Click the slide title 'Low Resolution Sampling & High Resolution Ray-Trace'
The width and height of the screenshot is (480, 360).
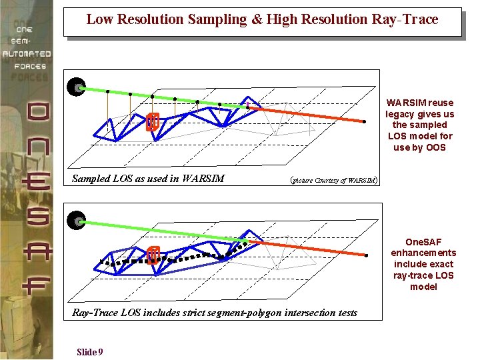[262, 20]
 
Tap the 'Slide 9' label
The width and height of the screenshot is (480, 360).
[89, 352]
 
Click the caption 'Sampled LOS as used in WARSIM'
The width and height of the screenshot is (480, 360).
[148, 179]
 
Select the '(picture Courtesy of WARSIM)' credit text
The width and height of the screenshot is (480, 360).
[333, 179]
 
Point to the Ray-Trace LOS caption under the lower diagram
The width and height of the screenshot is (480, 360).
[214, 313]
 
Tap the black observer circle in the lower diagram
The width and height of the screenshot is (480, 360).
[77, 221]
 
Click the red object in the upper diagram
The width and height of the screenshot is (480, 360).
[153, 121]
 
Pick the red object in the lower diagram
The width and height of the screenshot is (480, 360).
[153, 255]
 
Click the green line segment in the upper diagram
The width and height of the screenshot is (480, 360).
[160, 97]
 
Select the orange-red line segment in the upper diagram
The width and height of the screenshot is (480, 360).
[307, 114]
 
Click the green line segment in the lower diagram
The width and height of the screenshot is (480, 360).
[160, 231]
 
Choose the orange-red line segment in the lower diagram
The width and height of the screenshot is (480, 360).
[307, 247]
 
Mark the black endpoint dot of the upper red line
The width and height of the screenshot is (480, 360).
[365, 121]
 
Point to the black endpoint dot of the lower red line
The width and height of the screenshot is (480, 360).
[366, 255]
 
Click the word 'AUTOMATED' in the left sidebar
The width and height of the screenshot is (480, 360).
[27, 53]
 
